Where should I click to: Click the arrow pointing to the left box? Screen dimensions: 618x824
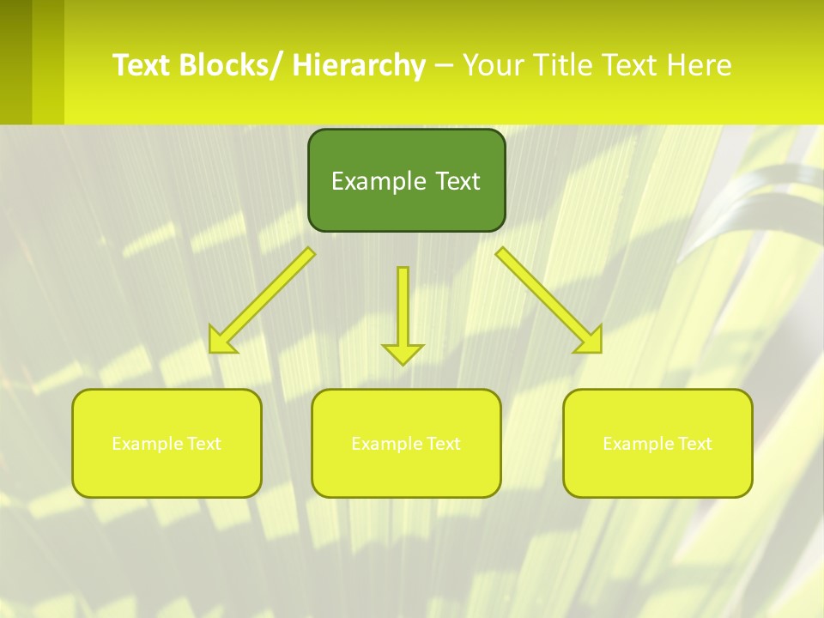[263, 300]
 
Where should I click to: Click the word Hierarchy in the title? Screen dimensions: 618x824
[359, 65]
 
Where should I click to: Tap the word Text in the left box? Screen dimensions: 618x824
[204, 444]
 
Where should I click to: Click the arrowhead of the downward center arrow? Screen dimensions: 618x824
[403, 353]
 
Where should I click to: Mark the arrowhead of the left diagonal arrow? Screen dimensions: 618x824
[221, 341]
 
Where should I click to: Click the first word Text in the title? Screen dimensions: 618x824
[142, 65]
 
